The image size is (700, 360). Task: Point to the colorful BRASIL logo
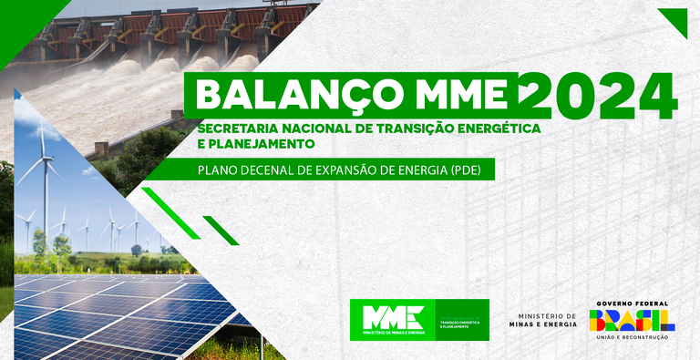tap(632, 320)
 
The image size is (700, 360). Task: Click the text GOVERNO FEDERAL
tap(632, 303)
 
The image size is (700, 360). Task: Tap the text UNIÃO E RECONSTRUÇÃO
tap(632, 337)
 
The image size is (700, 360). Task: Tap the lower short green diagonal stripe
tap(221, 230)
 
